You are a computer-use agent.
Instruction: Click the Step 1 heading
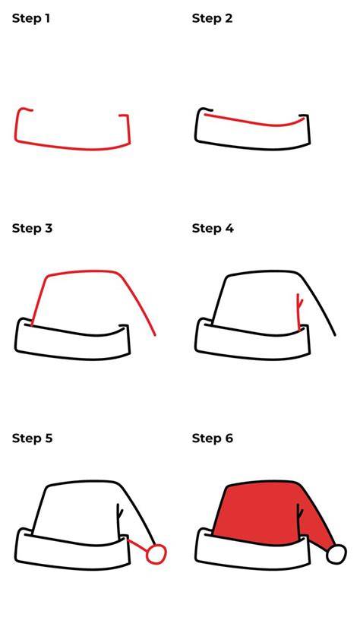point(31,18)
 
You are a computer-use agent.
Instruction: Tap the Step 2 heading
point(212,18)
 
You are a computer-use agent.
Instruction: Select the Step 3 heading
point(32,228)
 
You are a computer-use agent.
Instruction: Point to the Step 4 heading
point(213,228)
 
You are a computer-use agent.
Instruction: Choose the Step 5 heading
point(32,438)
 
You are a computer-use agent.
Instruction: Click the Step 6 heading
point(213,438)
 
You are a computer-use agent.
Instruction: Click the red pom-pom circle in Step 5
point(156,555)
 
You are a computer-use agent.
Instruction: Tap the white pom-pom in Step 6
point(336,555)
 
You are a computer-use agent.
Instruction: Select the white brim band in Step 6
point(253,551)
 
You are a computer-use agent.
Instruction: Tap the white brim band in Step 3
point(73,340)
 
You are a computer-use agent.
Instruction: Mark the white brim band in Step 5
point(73,551)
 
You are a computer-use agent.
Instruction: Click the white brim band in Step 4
point(253,340)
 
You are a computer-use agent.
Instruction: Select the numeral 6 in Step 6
point(229,438)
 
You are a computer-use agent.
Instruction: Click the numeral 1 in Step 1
point(47,18)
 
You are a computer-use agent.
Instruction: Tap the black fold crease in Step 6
point(299,521)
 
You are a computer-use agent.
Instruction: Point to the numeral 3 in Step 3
point(49,228)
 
